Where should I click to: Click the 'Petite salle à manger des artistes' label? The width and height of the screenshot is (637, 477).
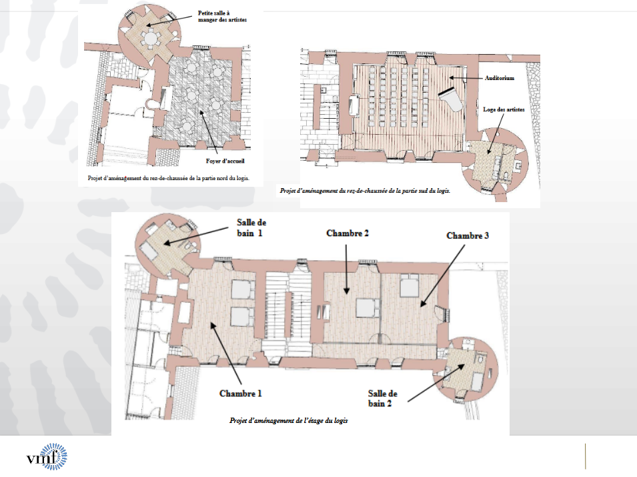[222, 16]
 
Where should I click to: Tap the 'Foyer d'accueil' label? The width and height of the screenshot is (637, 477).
[225, 161]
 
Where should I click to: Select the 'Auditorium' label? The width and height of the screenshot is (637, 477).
[500, 78]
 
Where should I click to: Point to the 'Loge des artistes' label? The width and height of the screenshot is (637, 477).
[504, 109]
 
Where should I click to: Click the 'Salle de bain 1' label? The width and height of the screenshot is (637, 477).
[251, 227]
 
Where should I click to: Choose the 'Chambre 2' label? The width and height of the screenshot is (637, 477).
[348, 233]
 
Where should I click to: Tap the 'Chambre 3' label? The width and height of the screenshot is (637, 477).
[468, 235]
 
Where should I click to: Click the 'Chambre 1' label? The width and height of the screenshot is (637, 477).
[241, 394]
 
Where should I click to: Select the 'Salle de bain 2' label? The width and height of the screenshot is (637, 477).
[383, 398]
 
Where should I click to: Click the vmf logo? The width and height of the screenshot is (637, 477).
[47, 457]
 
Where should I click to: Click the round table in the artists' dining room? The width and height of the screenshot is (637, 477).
[151, 38]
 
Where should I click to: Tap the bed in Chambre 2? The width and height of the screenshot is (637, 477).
[368, 308]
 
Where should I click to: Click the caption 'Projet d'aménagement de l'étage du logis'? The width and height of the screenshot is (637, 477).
[288, 420]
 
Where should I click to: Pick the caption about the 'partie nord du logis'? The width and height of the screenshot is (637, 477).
[169, 178]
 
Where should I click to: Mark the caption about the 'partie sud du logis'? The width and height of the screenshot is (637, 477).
[365, 191]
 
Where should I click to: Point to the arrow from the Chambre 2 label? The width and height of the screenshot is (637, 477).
[346, 269]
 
